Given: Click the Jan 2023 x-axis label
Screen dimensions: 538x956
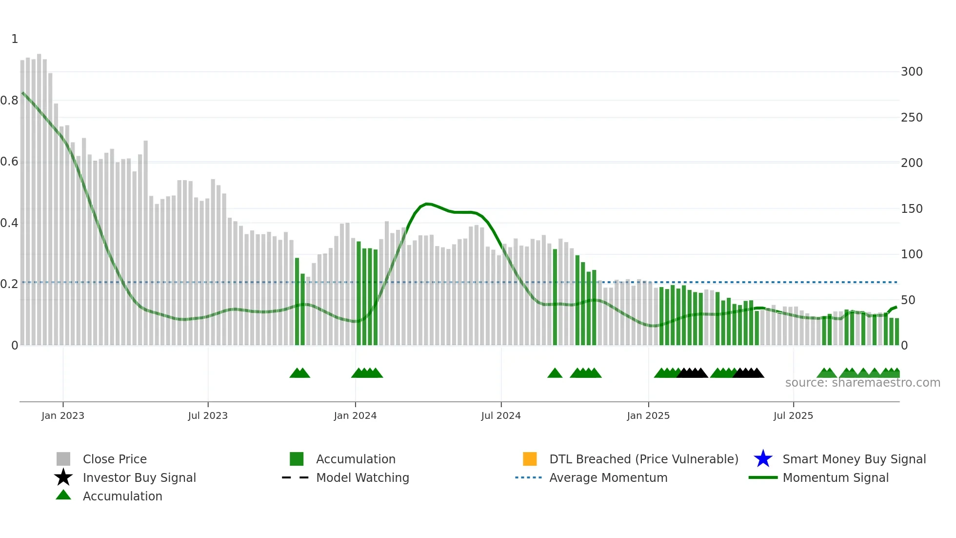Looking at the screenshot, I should pyautogui.click(x=63, y=415).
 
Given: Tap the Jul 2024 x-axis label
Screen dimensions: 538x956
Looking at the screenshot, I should pyautogui.click(x=501, y=415).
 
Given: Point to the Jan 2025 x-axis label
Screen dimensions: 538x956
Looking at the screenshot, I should pyautogui.click(x=648, y=415).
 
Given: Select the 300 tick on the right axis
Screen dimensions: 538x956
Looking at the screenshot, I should pyautogui.click(x=912, y=72).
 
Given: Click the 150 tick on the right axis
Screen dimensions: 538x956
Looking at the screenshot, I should pyautogui.click(x=912, y=209).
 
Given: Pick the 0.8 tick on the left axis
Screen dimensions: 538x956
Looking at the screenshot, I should pyautogui.click(x=9, y=101).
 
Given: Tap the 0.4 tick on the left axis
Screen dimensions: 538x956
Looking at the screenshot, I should pyautogui.click(x=9, y=223).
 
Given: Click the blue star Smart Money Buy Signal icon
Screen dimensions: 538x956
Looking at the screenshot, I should pyautogui.click(x=763, y=459).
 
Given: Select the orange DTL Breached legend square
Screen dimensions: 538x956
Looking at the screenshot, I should pyautogui.click(x=530, y=459).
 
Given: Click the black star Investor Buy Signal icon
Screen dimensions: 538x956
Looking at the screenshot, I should pyautogui.click(x=63, y=477).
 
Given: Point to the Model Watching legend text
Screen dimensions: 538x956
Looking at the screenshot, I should pyautogui.click(x=362, y=477).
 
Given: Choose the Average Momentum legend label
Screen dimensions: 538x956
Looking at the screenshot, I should pyautogui.click(x=608, y=477).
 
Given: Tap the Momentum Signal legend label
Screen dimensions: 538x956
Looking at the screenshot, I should pyautogui.click(x=836, y=477).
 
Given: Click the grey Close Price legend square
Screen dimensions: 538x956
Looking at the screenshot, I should pyautogui.click(x=63, y=459).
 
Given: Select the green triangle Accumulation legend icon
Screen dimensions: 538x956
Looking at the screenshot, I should pyautogui.click(x=63, y=495).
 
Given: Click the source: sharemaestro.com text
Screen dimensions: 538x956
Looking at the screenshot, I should pyautogui.click(x=862, y=383).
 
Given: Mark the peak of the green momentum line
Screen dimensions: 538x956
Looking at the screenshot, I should pyautogui.click(x=427, y=204).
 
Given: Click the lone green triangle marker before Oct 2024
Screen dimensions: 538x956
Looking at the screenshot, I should pyautogui.click(x=555, y=373).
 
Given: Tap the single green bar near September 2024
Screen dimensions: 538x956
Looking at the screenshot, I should pyautogui.click(x=555, y=298).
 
